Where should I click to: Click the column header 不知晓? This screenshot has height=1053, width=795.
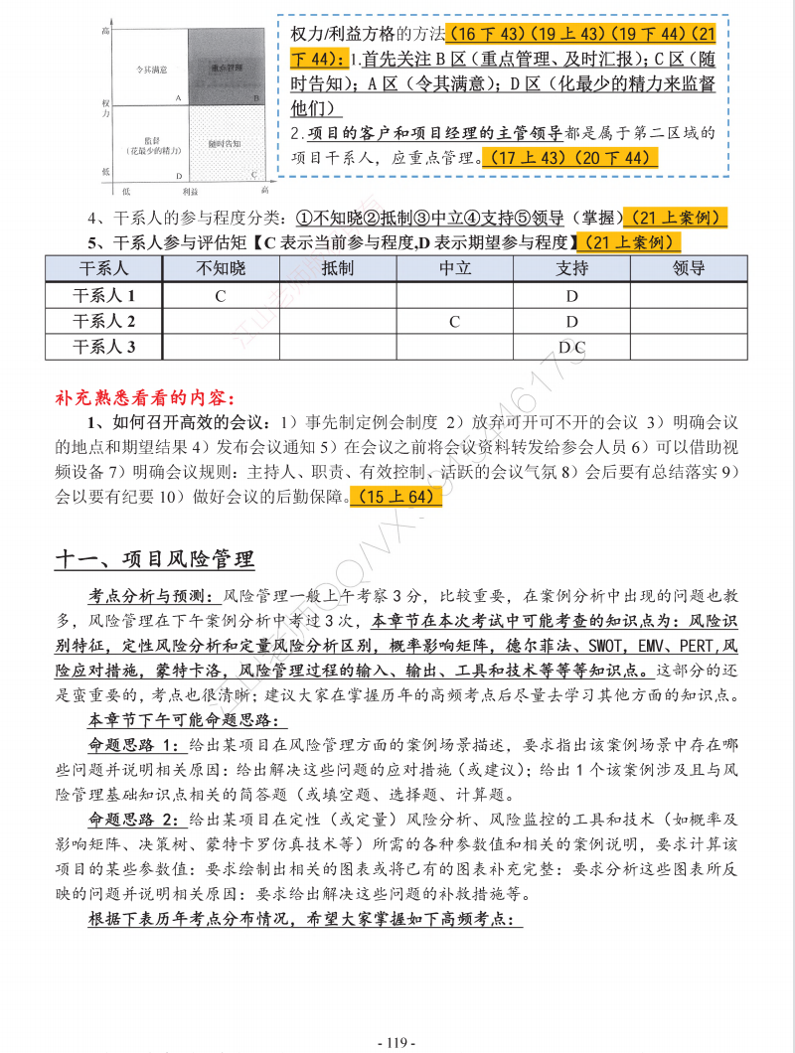click(x=221, y=268)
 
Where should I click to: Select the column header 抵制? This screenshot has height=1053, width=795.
click(x=338, y=268)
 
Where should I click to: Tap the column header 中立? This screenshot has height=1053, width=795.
click(x=455, y=268)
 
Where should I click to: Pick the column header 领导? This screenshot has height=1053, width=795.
click(x=689, y=268)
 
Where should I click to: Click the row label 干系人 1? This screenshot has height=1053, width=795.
click(x=104, y=295)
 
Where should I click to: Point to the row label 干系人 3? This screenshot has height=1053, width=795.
click(x=104, y=347)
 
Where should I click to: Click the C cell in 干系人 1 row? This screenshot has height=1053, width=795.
click(x=221, y=295)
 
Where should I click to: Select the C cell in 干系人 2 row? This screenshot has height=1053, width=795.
click(x=455, y=321)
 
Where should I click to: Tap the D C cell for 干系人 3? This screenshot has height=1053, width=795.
click(x=571, y=347)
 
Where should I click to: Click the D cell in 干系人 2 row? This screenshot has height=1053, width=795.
click(x=571, y=321)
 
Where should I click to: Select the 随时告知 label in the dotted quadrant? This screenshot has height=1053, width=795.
click(x=224, y=144)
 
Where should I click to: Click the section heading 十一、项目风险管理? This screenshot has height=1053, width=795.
click(x=154, y=560)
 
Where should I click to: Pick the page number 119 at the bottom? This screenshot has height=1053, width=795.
click(x=397, y=1042)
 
